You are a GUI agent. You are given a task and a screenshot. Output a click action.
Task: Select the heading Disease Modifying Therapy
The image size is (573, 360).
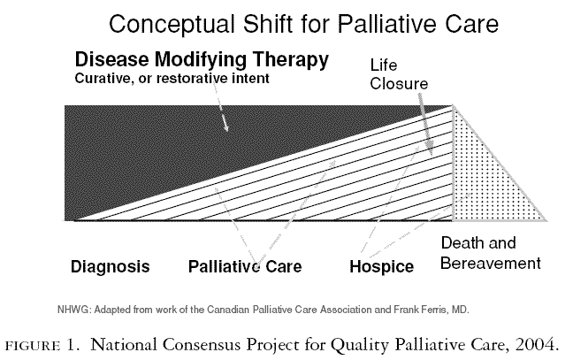pos(202,61)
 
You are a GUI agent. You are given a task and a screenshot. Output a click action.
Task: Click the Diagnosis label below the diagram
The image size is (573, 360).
pos(111,266)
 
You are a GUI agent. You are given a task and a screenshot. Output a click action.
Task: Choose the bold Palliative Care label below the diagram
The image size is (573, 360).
pos(246,266)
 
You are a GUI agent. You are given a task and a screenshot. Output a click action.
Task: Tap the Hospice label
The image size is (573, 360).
pos(381,266)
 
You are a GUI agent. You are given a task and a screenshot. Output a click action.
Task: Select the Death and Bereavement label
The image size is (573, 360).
pos(490,253)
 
